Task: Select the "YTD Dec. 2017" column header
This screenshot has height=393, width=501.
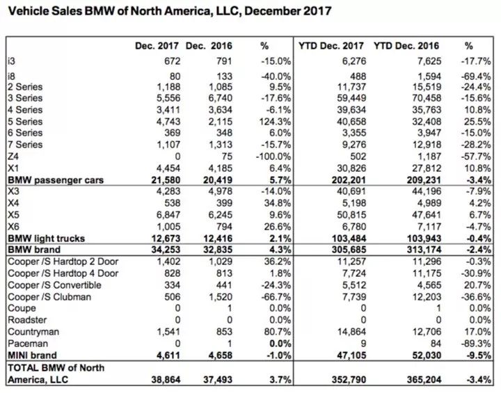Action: [331, 46]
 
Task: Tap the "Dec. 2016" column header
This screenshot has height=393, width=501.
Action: [209, 46]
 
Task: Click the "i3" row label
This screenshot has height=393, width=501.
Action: [12, 61]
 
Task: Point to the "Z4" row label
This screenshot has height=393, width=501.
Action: [13, 157]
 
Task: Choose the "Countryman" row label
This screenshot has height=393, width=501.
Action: [33, 332]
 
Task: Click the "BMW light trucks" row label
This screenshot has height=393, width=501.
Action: [47, 239]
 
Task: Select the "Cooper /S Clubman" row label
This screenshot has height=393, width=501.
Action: [49, 297]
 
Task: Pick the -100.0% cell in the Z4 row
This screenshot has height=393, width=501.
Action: [273, 157]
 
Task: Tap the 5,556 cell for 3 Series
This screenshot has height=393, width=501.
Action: [168, 98]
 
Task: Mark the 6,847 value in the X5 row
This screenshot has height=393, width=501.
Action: [168, 215]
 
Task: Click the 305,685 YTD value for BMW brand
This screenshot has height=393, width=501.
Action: [349, 250]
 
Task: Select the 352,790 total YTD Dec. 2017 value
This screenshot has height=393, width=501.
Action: [349, 380]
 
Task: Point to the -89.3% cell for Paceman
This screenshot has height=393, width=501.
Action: [476, 344]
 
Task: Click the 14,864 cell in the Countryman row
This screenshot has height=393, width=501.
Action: [351, 332]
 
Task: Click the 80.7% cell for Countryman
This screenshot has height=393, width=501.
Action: [278, 332]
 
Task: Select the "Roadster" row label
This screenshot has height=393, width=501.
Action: [27, 320]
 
